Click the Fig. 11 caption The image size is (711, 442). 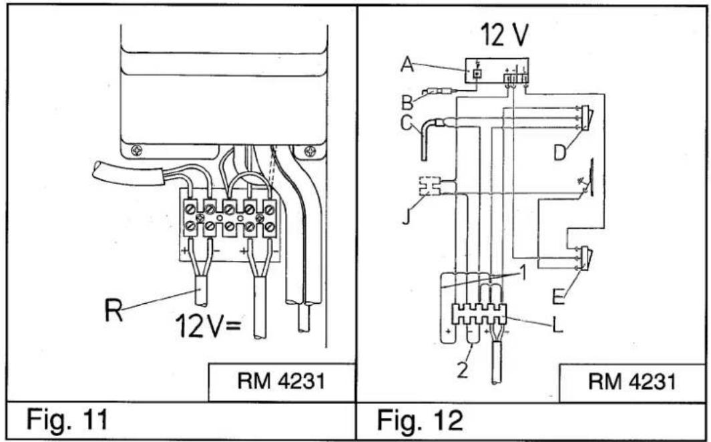[x=67, y=419]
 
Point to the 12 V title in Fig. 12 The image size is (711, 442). [x=504, y=35]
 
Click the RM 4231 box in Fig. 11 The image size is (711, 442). [x=282, y=382]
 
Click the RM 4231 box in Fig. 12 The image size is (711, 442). [x=632, y=382]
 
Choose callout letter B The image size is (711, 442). [x=407, y=102]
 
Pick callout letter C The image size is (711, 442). [x=407, y=123]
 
